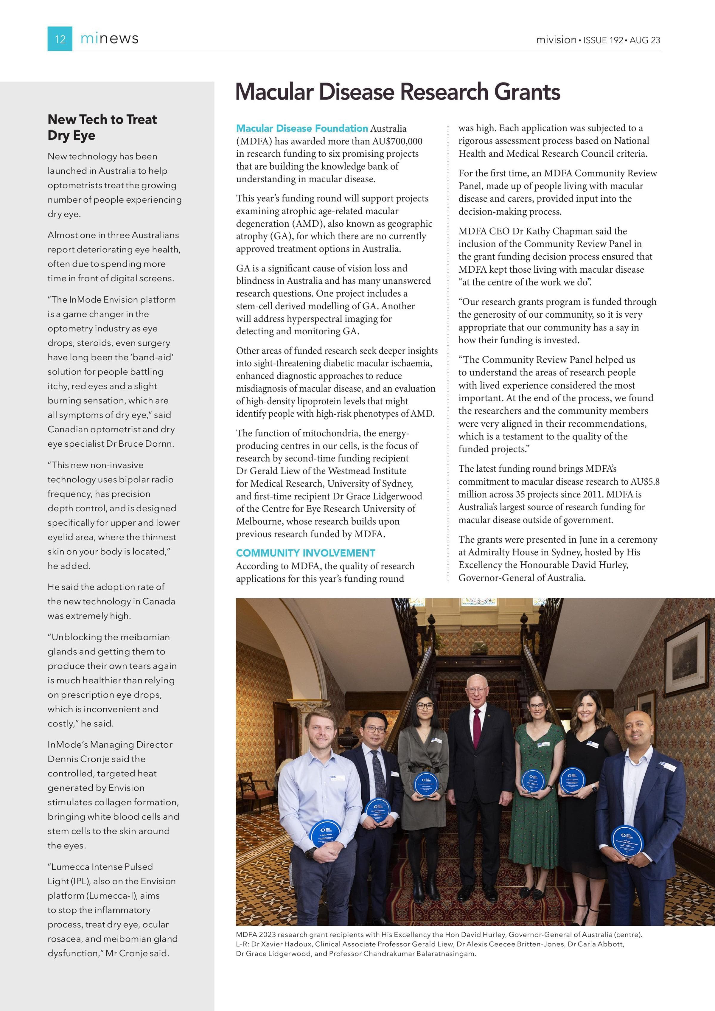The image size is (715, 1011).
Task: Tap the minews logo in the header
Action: click(109, 39)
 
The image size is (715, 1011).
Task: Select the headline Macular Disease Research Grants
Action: click(397, 91)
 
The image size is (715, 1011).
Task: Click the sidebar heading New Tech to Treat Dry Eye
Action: click(102, 127)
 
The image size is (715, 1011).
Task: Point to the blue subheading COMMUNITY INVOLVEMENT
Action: click(306, 553)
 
